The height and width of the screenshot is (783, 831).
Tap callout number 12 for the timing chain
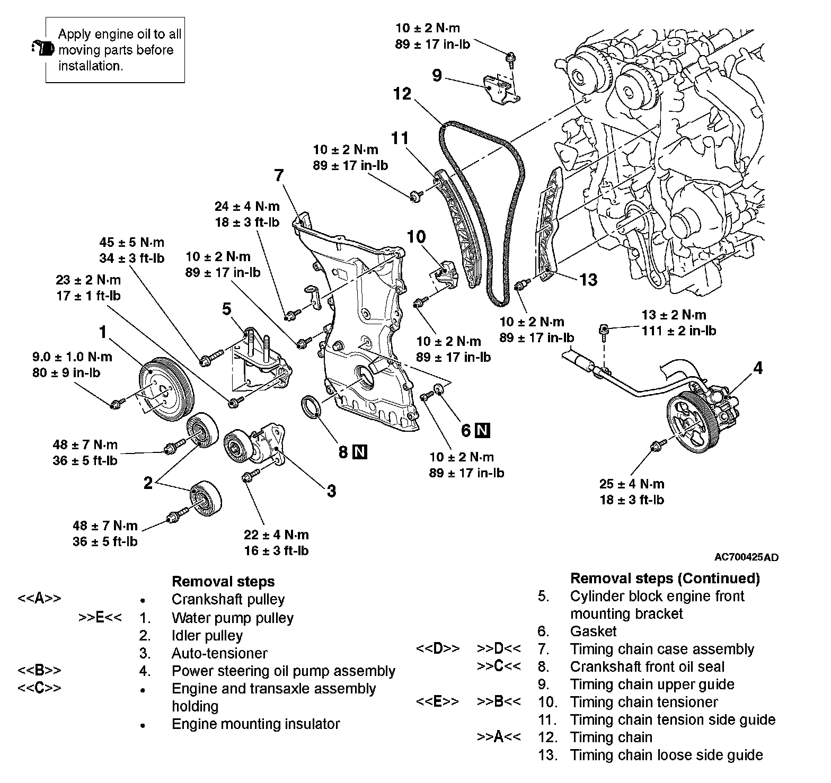[x=402, y=94]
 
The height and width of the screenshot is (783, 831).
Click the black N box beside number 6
[x=482, y=430]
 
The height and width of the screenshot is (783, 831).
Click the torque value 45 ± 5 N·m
[x=132, y=243]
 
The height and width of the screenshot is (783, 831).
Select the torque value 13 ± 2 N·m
[x=674, y=315]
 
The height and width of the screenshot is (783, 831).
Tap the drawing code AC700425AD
[x=746, y=557]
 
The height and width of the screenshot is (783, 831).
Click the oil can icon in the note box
[x=43, y=48]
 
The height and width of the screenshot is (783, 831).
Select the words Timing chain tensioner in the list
[x=643, y=702]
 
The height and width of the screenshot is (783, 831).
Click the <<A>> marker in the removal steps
[x=39, y=599]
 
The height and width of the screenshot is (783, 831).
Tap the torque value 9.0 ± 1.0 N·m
[x=72, y=357]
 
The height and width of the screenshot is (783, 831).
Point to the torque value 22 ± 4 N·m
[x=276, y=535]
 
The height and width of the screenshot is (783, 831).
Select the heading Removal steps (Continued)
[x=665, y=578]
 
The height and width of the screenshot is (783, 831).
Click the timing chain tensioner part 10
[x=445, y=272]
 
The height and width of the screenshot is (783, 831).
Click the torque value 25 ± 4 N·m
[x=631, y=484]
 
